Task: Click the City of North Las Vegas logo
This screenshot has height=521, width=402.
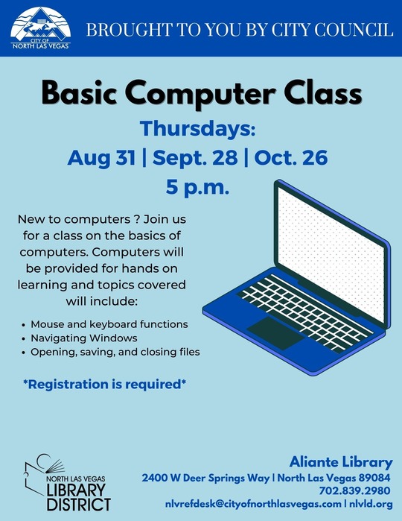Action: click(42, 28)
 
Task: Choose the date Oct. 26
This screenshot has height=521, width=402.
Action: click(296, 158)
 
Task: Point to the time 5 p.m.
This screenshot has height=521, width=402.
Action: click(197, 187)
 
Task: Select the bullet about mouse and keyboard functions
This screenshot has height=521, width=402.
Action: click(109, 325)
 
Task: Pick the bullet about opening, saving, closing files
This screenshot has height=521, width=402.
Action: click(115, 352)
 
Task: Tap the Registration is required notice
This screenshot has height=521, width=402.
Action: click(103, 385)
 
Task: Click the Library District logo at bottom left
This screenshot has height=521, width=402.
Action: click(68, 484)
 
